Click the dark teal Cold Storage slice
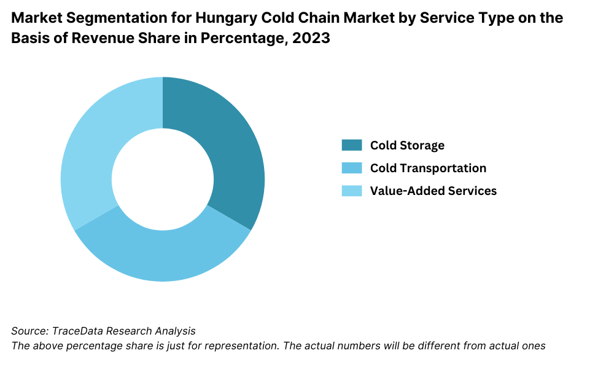click(x=233, y=154)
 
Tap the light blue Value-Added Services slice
click(x=92, y=154)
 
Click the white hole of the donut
click(x=163, y=179)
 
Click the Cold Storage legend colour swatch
click(x=352, y=145)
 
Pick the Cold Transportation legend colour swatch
click(x=352, y=168)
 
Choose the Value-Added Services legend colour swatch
click(x=352, y=191)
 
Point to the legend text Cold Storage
click(x=407, y=145)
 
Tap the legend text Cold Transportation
click(x=428, y=168)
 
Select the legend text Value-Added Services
click(x=433, y=191)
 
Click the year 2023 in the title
click(x=314, y=38)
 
